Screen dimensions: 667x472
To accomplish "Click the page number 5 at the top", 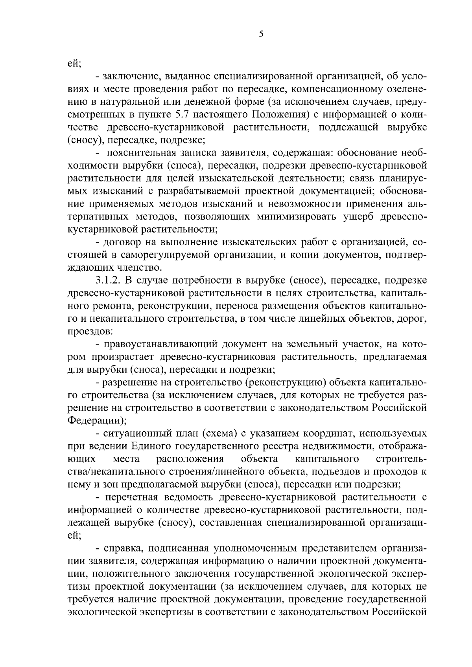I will pos(261,34).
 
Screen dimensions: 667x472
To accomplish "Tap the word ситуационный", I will pos(135,434).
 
